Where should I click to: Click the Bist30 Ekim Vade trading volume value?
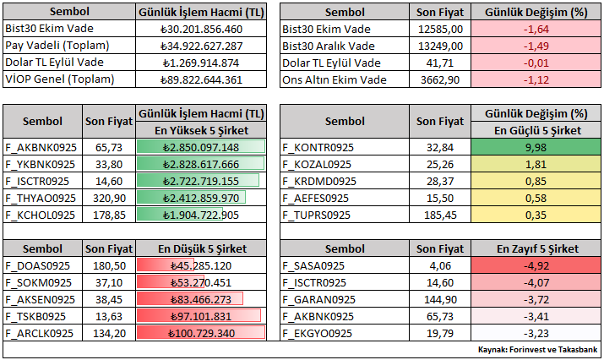click(201, 29)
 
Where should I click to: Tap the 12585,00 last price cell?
click(439, 29)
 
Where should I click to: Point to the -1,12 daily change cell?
click(537, 79)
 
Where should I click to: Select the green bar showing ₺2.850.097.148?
click(201, 147)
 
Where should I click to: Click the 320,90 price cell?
click(108, 198)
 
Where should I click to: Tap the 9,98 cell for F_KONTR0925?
click(537, 147)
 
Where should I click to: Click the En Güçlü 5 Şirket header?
click(537, 129)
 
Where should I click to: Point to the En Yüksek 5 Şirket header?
click(201, 129)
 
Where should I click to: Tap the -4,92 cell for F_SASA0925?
click(537, 265)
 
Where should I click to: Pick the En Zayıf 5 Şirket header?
click(537, 248)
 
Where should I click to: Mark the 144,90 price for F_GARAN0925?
click(439, 299)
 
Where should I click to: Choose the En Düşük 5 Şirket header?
click(201, 248)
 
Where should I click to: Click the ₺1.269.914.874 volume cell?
click(201, 63)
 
